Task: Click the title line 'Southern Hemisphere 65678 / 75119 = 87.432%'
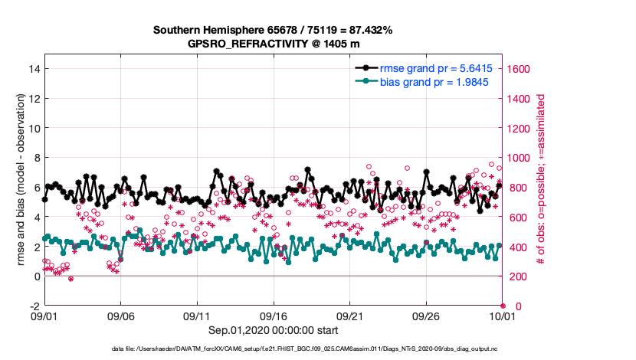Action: tap(273, 31)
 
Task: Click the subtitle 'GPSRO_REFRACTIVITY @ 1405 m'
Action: tap(273, 44)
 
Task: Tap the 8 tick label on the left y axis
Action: tap(34, 158)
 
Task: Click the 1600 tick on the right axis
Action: tap(520, 69)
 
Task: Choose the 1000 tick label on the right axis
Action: tap(520, 158)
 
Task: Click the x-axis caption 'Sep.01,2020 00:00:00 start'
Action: tap(274, 330)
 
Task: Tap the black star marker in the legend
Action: tap(366, 68)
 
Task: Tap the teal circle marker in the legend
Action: tap(366, 81)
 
